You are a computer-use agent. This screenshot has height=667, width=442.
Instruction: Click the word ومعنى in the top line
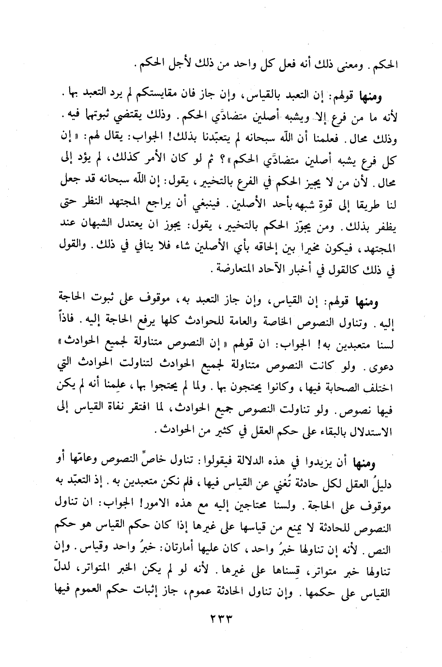pyautogui.click(x=355, y=64)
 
